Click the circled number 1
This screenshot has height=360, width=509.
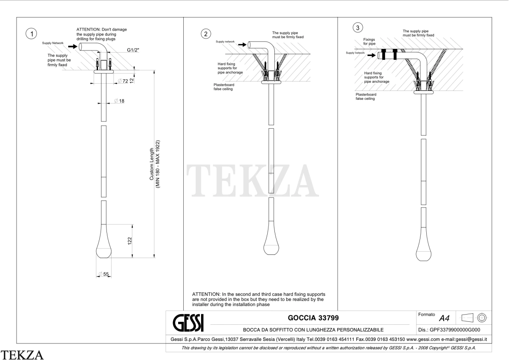point(31,34)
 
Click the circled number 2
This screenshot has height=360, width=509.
point(206,34)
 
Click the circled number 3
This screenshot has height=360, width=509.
point(358,28)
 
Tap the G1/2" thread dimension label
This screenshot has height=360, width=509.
point(133,50)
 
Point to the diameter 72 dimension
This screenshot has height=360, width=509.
point(123,81)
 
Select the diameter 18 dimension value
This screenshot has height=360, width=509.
point(119,101)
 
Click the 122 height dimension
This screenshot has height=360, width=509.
point(130,241)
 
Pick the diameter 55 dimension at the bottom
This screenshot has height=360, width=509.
point(103,274)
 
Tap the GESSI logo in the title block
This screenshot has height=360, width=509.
point(188,323)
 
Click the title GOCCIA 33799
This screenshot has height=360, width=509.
point(313,318)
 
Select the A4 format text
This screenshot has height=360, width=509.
point(444,318)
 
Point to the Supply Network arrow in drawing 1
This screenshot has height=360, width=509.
point(73,47)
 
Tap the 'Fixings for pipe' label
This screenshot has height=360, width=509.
point(369,42)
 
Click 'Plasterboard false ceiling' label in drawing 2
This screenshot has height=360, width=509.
point(224,87)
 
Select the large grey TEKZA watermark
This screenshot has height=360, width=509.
point(252,181)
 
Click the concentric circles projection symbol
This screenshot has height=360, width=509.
point(482,318)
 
